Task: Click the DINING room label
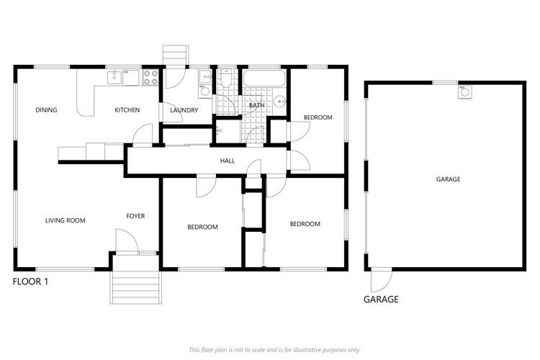pyautogui.click(x=46, y=110)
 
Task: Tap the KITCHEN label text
pyautogui.click(x=127, y=110)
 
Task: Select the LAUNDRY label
pyautogui.click(x=184, y=110)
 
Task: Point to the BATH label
pyautogui.click(x=256, y=105)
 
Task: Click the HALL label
pyautogui.click(x=228, y=161)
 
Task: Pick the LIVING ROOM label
pyautogui.click(x=65, y=220)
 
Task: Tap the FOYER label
pyautogui.click(x=136, y=216)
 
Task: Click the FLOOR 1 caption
pyautogui.click(x=31, y=282)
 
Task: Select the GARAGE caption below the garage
pyautogui.click(x=381, y=300)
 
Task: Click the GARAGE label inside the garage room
pyautogui.click(x=448, y=179)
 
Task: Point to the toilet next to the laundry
pyautogui.click(x=226, y=81)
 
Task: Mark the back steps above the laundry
pyautogui.click(x=175, y=55)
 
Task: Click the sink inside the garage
pyautogui.click(x=464, y=91)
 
